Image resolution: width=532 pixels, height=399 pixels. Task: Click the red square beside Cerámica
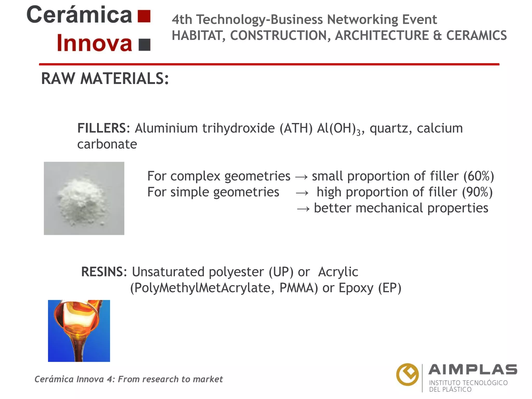[x=144, y=16]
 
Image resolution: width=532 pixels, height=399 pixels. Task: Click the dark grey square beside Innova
[x=144, y=45]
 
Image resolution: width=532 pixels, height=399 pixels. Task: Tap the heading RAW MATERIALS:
[x=105, y=78]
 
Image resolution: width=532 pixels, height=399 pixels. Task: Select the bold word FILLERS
[x=102, y=128]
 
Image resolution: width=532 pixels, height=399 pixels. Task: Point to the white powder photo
[x=84, y=198]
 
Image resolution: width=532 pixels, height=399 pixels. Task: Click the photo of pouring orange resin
[x=79, y=331]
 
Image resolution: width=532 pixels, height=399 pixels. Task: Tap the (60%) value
[x=478, y=176]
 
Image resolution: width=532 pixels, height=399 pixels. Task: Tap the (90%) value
[x=477, y=192]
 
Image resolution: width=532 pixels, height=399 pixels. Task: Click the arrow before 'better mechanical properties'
[x=303, y=209]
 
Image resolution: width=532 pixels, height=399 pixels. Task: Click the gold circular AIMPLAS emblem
[x=407, y=375]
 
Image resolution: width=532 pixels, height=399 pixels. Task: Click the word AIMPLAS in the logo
[x=473, y=370]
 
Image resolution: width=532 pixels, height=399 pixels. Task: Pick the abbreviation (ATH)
[x=296, y=128]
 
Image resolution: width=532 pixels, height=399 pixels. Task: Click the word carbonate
[x=107, y=144]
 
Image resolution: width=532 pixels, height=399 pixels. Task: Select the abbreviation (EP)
[x=390, y=288]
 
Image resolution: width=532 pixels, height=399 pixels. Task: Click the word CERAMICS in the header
[x=476, y=35]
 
